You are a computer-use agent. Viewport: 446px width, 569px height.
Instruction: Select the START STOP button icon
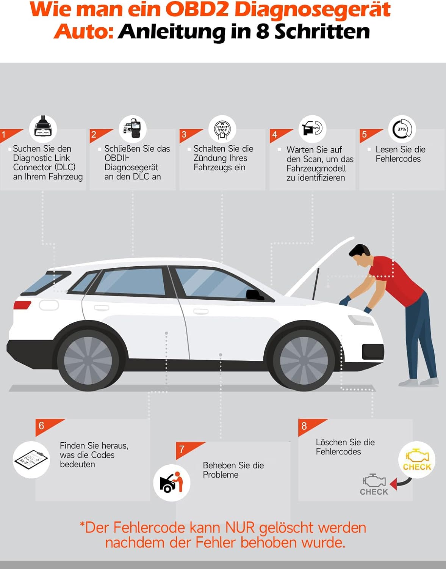[222, 130]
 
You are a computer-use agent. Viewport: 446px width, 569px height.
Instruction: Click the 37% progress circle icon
[402, 129]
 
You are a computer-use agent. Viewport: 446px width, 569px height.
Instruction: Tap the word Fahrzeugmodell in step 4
[316, 168]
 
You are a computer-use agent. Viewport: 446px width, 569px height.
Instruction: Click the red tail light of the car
[22, 305]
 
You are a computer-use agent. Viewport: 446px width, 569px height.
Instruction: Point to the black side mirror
[254, 295]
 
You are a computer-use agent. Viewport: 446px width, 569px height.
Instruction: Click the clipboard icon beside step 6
[31, 460]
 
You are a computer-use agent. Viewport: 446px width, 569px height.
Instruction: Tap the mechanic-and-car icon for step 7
[171, 483]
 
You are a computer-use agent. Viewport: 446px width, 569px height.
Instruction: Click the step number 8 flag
[309, 428]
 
